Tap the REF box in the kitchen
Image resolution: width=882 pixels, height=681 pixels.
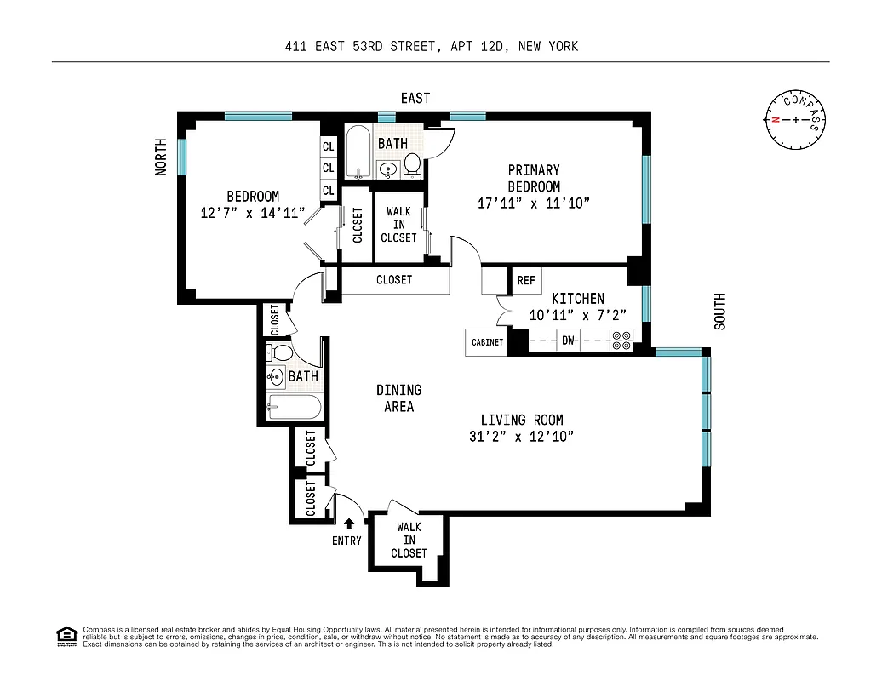tap(525, 280)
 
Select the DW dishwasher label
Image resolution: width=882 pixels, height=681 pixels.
tap(568, 342)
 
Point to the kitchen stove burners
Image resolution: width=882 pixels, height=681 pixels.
tap(621, 341)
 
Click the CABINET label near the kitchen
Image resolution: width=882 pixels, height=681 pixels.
tap(487, 342)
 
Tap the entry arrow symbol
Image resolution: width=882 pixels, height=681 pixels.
tap(349, 524)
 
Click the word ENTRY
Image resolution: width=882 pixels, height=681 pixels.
tap(346, 541)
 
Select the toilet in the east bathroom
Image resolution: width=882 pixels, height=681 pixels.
tap(412, 164)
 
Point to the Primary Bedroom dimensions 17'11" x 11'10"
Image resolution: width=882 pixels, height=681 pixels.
tap(534, 203)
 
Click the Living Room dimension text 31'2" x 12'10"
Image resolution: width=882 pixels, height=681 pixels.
tap(521, 437)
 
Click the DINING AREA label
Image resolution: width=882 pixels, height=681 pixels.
tap(398, 398)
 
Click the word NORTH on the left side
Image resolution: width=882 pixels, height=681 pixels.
tap(161, 158)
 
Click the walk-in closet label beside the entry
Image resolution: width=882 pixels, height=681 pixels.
tap(409, 540)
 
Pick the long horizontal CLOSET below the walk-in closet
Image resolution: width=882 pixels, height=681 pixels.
tap(394, 280)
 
